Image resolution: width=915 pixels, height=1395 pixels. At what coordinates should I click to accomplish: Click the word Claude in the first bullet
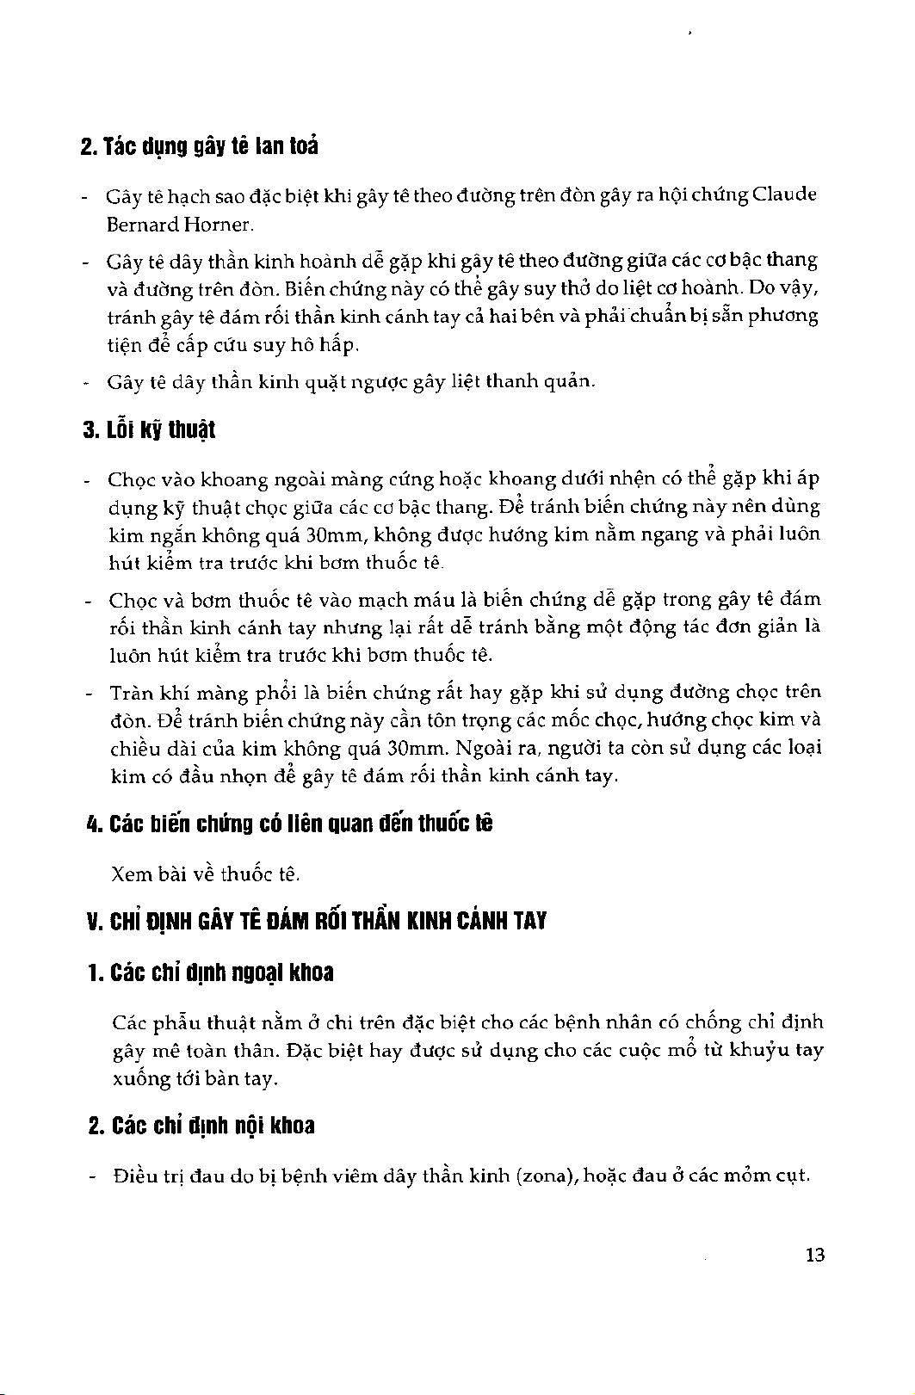coord(783,195)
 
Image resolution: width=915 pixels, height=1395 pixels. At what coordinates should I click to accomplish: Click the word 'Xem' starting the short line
coord(130,875)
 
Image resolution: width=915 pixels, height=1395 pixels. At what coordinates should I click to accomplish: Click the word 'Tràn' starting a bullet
coord(129,692)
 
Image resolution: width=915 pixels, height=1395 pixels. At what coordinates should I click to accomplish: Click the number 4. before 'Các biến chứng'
coord(94,824)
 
